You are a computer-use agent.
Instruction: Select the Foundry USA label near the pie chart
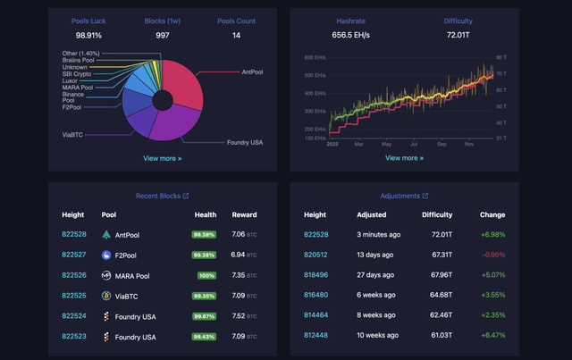(x=244, y=142)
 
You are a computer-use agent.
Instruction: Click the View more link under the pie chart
(x=162, y=158)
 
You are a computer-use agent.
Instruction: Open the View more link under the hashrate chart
(x=404, y=158)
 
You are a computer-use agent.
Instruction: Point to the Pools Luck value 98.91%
(x=88, y=35)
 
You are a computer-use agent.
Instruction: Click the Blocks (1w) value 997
(x=162, y=35)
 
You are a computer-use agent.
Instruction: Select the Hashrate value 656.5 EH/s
(x=350, y=35)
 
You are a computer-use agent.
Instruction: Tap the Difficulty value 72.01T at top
(x=458, y=35)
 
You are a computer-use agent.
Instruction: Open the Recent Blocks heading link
(x=162, y=196)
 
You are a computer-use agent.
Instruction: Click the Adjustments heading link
(x=404, y=196)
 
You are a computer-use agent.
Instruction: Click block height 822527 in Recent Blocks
(x=74, y=255)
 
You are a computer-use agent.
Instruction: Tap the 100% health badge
(x=207, y=275)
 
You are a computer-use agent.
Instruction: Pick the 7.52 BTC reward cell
(x=243, y=316)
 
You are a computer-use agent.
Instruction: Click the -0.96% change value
(x=492, y=255)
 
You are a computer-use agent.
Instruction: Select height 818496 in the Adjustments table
(x=315, y=275)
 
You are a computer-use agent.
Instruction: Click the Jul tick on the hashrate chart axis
(x=412, y=143)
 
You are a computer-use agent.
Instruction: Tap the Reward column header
(x=243, y=215)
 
